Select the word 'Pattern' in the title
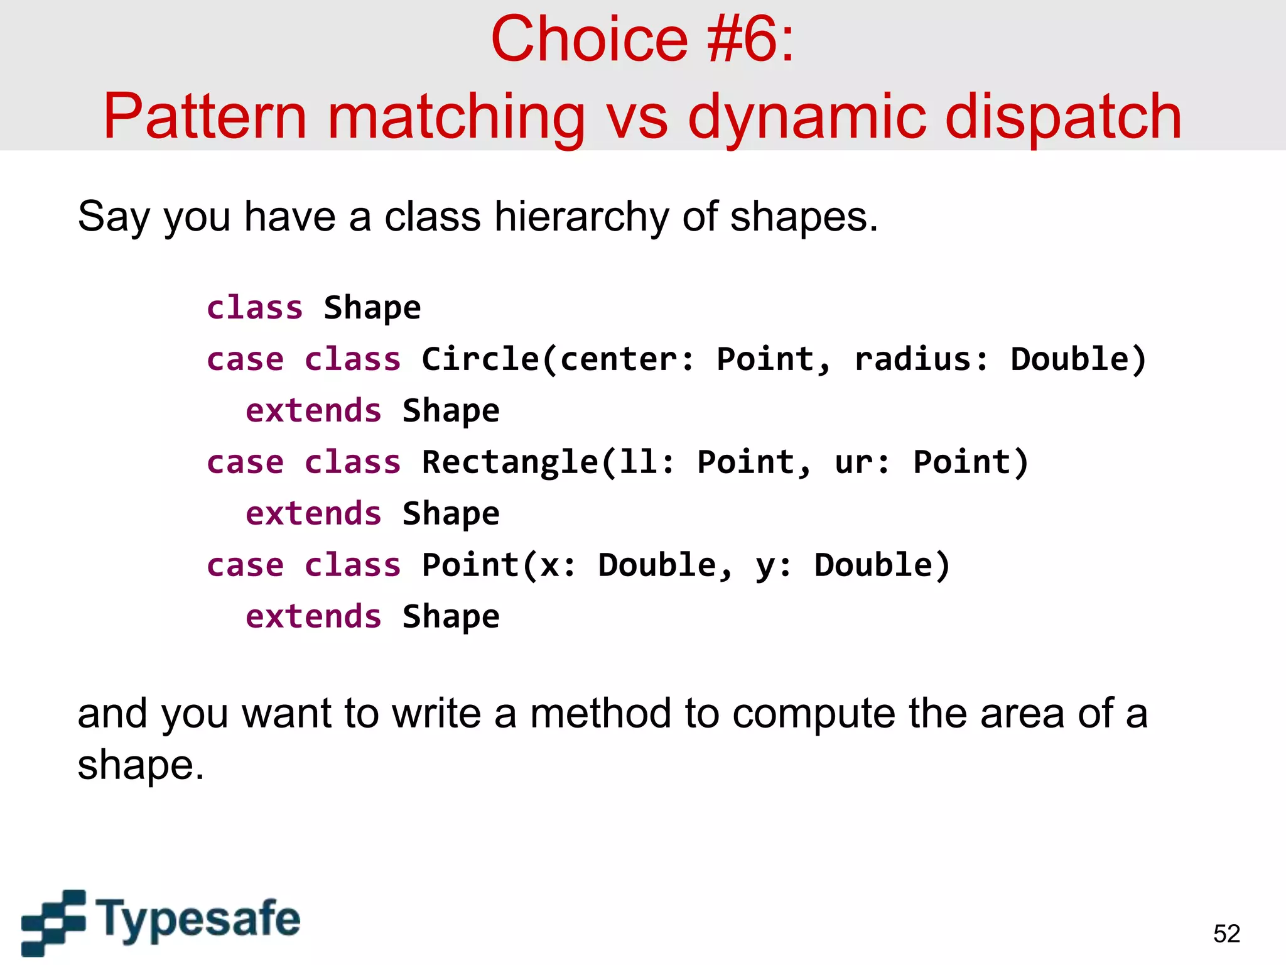(x=205, y=117)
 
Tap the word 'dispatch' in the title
(x=1062, y=117)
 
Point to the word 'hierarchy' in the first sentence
(x=581, y=217)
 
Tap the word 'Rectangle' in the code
(x=510, y=462)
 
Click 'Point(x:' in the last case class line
(x=499, y=565)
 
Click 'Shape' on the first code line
(x=372, y=308)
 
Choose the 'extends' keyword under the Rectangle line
(x=313, y=514)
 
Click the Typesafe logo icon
(x=53, y=922)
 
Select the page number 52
(x=1226, y=934)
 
